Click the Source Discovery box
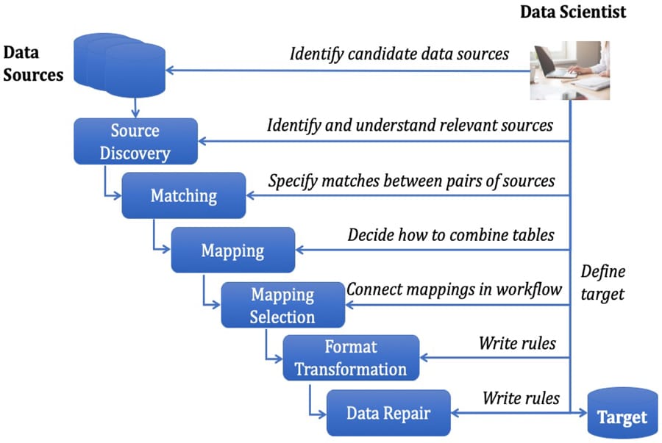(135, 141)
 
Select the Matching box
(183, 195)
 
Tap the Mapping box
(232, 250)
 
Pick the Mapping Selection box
(282, 305)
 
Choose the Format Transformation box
(350, 358)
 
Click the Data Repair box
(388, 412)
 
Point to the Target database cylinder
(622, 415)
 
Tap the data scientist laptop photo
(570, 71)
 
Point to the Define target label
(602, 283)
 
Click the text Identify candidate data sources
(399, 54)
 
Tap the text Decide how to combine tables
(450, 235)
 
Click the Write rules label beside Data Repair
(521, 398)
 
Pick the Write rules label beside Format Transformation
(517, 342)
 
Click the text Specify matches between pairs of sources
(411, 180)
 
